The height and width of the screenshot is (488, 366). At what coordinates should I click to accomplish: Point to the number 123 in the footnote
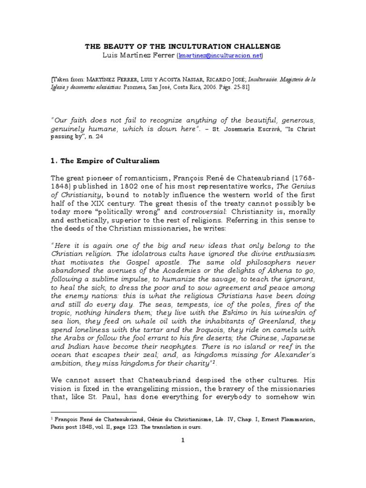coord(126,427)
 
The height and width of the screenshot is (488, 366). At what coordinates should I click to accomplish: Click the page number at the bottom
coord(183,441)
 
